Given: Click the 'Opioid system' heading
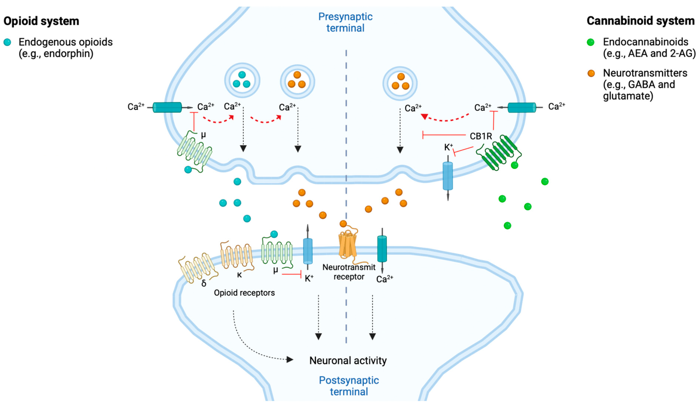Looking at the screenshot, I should point(41,21).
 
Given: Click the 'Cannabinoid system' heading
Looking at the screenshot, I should point(640,21).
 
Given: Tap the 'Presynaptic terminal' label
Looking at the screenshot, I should point(345,22).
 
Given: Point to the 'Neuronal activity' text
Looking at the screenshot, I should point(348,361).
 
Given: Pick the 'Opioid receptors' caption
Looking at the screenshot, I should point(244,293).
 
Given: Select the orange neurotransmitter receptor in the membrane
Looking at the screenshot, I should point(347,244).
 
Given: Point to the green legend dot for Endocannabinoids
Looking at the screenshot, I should point(591,42).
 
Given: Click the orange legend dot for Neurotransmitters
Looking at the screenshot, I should point(591,73).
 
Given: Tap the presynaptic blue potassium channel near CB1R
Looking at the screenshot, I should point(447,176).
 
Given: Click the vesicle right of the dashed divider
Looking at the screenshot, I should point(400,83).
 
